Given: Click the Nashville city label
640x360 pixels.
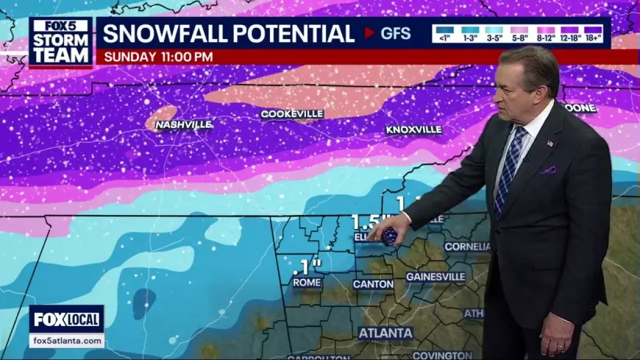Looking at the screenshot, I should [183, 125].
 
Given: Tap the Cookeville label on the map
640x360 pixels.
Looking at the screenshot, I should [292, 114].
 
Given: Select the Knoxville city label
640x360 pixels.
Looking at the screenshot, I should [414, 130].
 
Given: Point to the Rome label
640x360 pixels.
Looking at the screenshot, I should [307, 282].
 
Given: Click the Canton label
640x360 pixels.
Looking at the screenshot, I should [373, 283].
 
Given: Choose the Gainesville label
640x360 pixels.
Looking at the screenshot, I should [435, 277].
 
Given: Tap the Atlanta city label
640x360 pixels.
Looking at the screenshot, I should [385, 333].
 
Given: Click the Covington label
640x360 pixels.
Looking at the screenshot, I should [441, 356].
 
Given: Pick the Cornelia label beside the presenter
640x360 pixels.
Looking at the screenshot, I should [466, 247].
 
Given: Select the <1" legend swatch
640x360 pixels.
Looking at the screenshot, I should [443, 33].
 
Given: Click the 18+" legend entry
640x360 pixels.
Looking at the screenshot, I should [593, 33].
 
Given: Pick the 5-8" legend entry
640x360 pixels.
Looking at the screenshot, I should [518, 33].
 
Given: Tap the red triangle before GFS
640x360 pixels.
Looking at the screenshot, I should [369, 33].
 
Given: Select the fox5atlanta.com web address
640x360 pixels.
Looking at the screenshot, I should [67, 341].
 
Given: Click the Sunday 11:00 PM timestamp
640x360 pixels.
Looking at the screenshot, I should [159, 57].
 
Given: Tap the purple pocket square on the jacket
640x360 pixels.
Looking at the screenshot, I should [549, 170].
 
